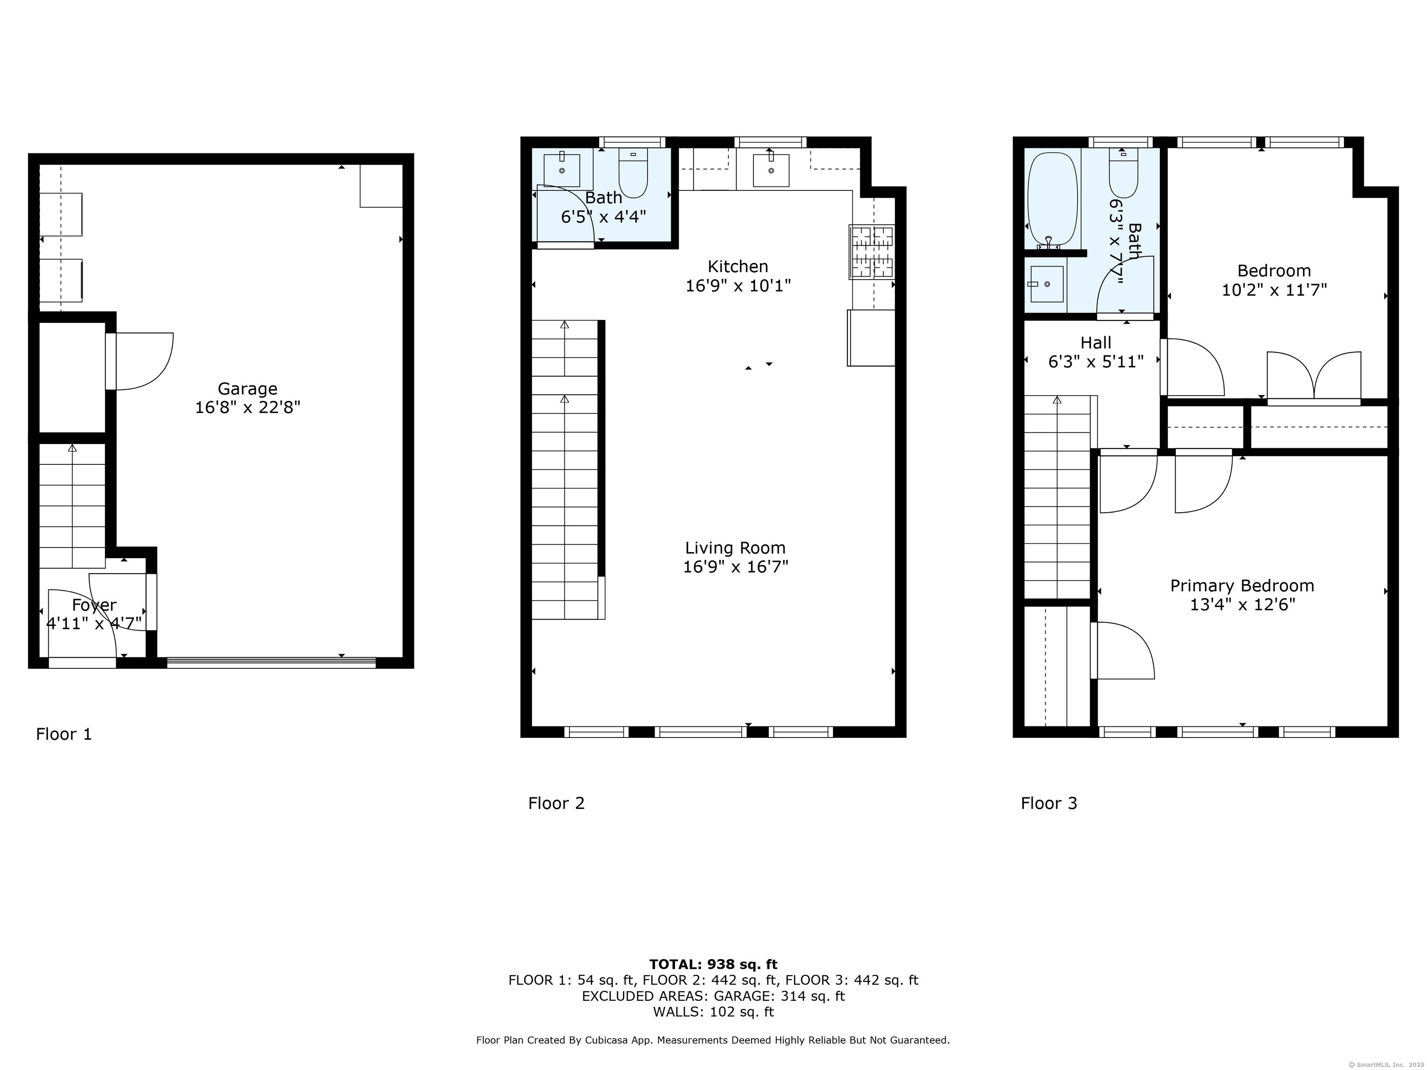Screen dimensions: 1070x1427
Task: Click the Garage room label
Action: (x=247, y=389)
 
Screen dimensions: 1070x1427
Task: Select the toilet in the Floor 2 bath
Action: (x=633, y=173)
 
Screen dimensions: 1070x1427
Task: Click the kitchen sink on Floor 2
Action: (x=771, y=170)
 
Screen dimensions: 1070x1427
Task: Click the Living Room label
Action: (x=735, y=548)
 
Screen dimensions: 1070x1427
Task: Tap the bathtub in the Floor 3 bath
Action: (x=1052, y=197)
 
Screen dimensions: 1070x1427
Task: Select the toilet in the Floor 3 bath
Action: (x=1123, y=173)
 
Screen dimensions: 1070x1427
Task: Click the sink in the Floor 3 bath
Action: (x=1047, y=284)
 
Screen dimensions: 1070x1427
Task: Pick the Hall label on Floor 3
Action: (x=1095, y=342)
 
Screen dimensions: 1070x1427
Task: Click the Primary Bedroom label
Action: (x=1242, y=586)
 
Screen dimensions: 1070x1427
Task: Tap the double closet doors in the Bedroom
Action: (x=1314, y=377)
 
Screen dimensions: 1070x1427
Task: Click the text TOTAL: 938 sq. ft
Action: (x=713, y=964)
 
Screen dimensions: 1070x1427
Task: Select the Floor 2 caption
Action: (x=556, y=803)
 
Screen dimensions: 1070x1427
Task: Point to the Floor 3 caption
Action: (x=1048, y=803)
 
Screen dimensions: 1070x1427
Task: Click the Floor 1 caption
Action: (x=64, y=734)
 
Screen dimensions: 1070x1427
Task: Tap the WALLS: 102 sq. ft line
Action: (x=713, y=1012)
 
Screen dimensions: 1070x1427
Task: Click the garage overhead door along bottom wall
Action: (x=271, y=661)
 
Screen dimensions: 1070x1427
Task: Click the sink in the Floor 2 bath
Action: (x=562, y=170)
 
